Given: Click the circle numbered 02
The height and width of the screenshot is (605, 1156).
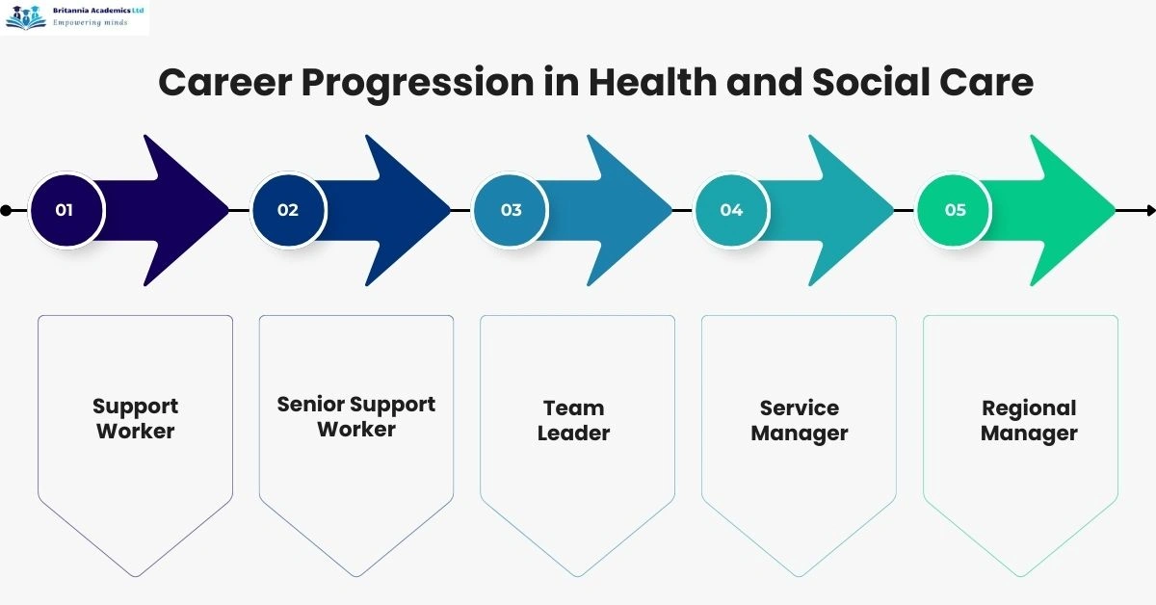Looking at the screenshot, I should [x=288, y=210].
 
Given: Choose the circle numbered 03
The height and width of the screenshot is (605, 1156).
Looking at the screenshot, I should [x=511, y=210].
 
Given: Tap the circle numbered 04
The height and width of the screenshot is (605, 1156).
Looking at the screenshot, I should [x=732, y=210].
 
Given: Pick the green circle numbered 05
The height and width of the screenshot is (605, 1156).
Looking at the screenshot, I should [x=954, y=210].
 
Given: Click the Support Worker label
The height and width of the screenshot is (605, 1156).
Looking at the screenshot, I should [x=135, y=419].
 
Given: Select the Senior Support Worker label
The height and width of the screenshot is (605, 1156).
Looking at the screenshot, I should [x=356, y=416].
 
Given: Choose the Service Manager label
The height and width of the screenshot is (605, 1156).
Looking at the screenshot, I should [x=800, y=420].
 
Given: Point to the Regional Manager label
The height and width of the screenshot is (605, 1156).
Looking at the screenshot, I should [x=1029, y=420].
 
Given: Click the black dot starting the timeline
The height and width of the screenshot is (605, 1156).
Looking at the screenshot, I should [x=7, y=210].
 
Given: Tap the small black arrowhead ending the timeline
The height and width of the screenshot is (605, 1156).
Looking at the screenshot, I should [x=1149, y=210].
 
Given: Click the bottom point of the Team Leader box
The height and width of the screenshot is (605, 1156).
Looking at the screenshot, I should [x=578, y=575].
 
